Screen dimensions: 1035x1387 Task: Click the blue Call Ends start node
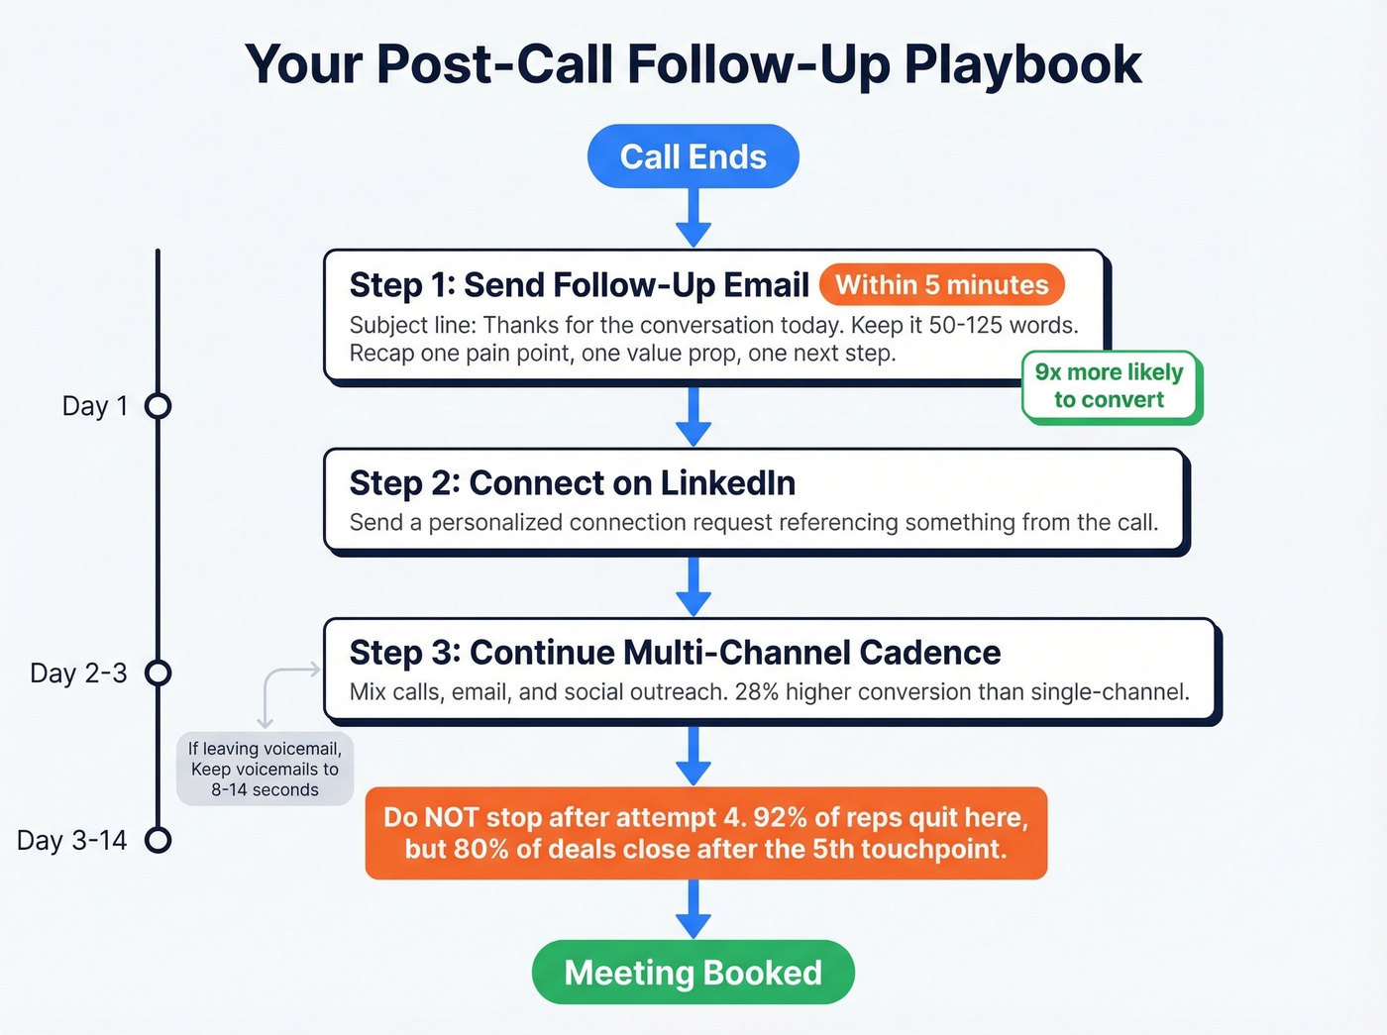point(693,156)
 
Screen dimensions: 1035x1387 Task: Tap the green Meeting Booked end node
point(693,973)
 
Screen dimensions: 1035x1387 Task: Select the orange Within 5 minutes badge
point(941,285)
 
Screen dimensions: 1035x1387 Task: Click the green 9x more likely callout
point(1110,386)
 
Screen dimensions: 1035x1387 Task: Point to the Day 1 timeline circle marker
point(159,406)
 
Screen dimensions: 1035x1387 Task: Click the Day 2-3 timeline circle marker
point(159,673)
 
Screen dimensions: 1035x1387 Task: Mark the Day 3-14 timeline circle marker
point(159,840)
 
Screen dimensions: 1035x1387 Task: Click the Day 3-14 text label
point(72,840)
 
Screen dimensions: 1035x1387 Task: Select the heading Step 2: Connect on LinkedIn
point(572,483)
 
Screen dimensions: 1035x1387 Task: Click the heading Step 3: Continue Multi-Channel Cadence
point(675,653)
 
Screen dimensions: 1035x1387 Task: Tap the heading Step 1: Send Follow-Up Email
point(579,285)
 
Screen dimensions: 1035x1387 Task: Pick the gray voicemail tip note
point(265,770)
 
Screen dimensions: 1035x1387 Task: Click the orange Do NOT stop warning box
point(705,833)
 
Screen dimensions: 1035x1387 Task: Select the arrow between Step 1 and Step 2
point(693,416)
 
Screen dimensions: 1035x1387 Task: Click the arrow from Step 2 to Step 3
point(693,586)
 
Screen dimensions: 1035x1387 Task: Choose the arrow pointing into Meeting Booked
point(693,909)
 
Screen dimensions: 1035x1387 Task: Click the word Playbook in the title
point(1022,64)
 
